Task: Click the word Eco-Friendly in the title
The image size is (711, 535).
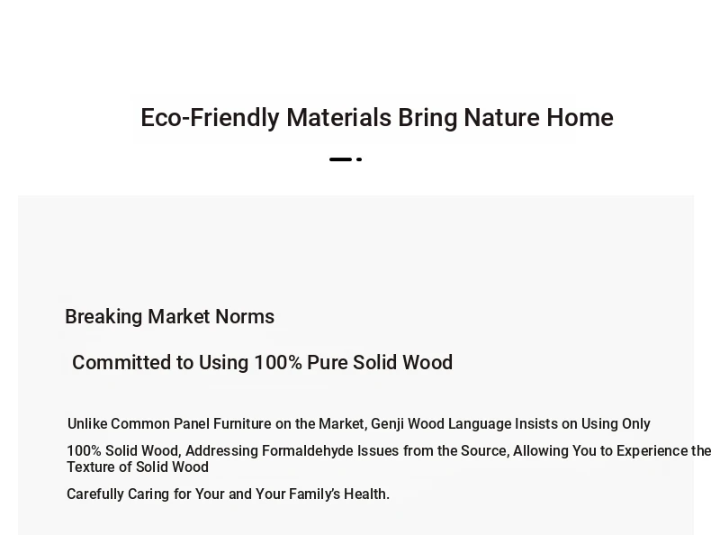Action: [210, 118]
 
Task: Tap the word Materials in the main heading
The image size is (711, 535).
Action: [338, 117]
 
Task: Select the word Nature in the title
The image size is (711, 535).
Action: [501, 117]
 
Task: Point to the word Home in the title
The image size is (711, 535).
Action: [580, 117]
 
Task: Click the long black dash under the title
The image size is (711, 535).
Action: [340, 159]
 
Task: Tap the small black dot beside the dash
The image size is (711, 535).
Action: [359, 159]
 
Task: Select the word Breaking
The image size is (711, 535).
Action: [103, 317]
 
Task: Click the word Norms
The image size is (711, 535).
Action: [245, 317]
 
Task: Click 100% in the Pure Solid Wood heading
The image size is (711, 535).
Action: [278, 363]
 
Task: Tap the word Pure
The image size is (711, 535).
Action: [328, 363]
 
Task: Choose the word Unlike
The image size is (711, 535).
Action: [87, 424]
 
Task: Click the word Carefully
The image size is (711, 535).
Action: [95, 494]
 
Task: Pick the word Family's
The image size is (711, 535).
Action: [314, 494]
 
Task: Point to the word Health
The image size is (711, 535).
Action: [366, 494]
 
